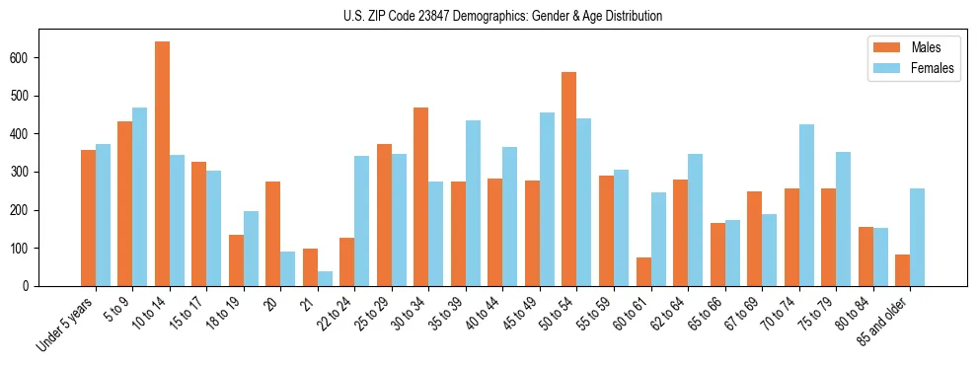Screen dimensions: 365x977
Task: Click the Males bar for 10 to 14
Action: pyautogui.click(x=162, y=164)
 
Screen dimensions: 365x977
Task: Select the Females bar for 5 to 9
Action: pyautogui.click(x=140, y=196)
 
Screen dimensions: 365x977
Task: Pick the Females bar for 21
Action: pyautogui.click(x=325, y=278)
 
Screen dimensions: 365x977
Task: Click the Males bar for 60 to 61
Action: pyautogui.click(x=643, y=271)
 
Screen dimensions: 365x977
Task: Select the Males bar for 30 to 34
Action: pyautogui.click(x=421, y=196)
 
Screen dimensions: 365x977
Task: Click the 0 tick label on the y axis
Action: pyautogui.click(x=31, y=286)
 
